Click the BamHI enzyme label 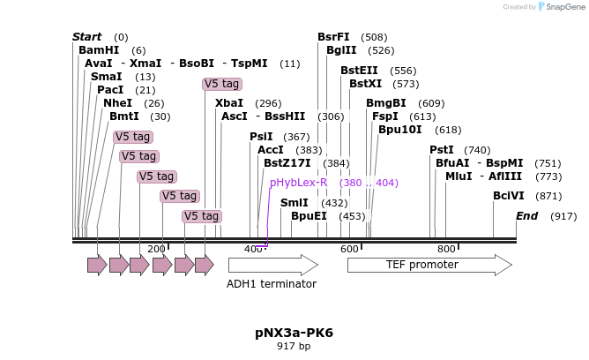tap(99, 50)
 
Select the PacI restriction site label tap(110, 90)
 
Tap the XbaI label tap(229, 103)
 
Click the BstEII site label tap(359, 71)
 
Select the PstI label tap(441, 150)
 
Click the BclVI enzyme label tap(508, 196)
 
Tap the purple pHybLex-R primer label tap(299, 183)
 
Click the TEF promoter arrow tap(429, 265)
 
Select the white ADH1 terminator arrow tap(272, 265)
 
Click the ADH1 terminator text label tap(272, 284)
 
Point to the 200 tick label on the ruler tap(156, 250)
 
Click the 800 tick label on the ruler tap(446, 250)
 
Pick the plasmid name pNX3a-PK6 tap(294, 333)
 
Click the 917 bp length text tap(294, 347)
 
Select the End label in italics tap(526, 216)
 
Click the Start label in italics tap(86, 37)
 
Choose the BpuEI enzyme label tap(309, 216)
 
